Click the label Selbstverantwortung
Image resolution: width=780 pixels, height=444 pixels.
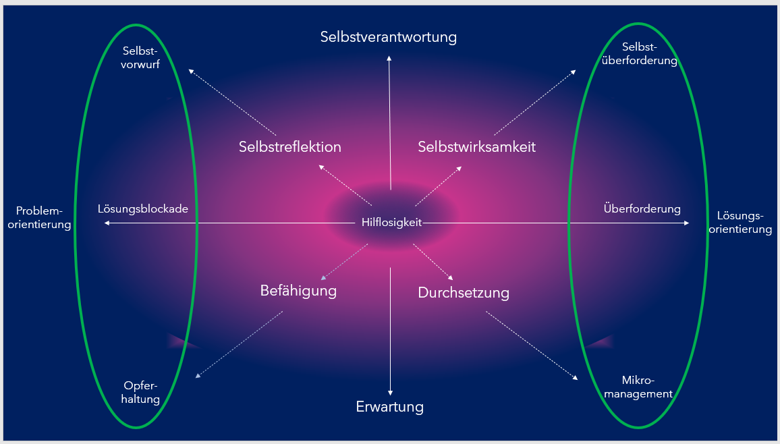pos(389,37)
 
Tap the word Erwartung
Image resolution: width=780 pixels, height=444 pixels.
pos(390,407)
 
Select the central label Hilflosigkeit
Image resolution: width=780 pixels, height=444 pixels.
pos(391,222)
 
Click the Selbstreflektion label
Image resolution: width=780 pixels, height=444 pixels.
pos(290,146)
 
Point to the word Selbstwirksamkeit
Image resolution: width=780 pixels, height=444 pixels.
pos(476,146)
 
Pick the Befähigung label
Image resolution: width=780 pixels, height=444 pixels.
pos(298,290)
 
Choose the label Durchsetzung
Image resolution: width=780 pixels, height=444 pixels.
pos(464,292)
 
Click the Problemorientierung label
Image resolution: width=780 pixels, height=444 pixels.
pos(39,217)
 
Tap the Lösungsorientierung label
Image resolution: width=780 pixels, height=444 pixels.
pos(740,222)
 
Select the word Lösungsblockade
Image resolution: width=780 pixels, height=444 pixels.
pos(143,209)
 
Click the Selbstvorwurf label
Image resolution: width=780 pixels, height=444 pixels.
pos(140,57)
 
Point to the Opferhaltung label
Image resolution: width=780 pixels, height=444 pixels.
pos(140,392)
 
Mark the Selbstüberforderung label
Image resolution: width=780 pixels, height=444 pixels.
pos(639,54)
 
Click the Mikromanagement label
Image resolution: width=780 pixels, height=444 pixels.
pos(638,387)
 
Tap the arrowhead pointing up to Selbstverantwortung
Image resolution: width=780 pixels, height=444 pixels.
pos(389,59)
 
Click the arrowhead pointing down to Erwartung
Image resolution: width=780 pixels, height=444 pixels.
pos(390,393)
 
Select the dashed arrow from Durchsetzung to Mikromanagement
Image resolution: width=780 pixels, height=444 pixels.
pos(532,345)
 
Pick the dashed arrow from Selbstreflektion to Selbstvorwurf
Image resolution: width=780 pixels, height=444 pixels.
pos(232,103)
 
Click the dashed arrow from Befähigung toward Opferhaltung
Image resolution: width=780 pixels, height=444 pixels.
pos(239,345)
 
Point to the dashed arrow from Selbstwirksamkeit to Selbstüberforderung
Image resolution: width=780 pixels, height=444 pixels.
pos(535,103)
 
